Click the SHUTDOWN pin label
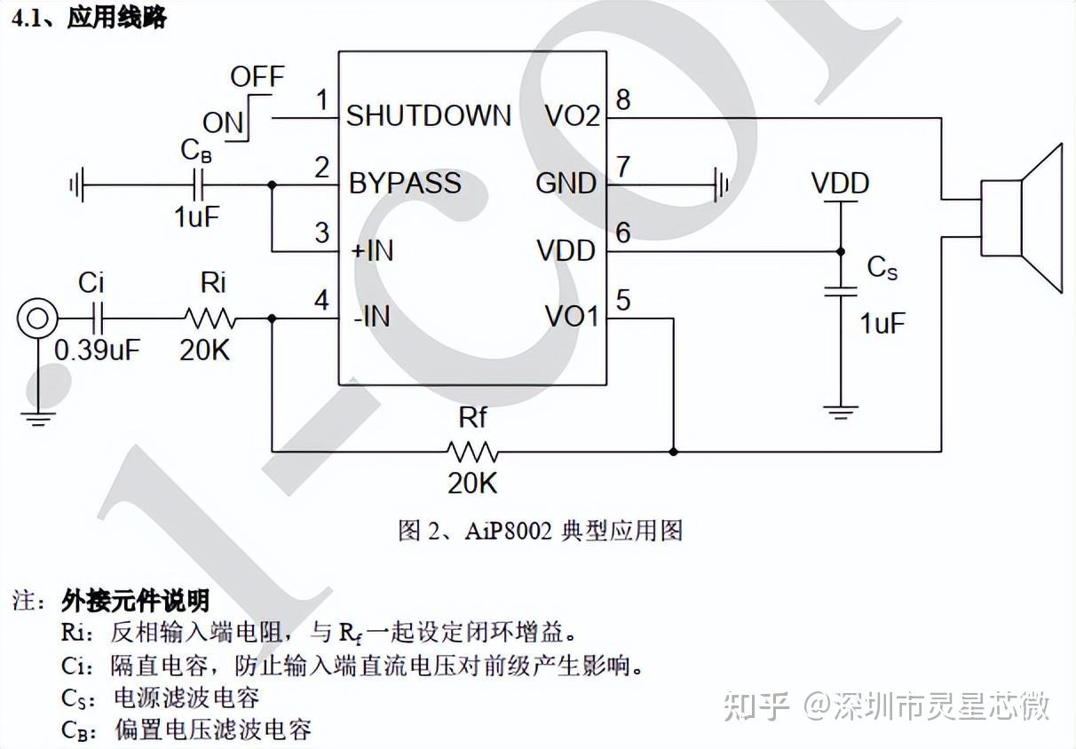click(428, 115)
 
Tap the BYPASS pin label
click(405, 184)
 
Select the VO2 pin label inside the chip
click(572, 115)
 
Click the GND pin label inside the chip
click(566, 184)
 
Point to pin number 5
click(623, 301)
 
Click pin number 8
click(623, 99)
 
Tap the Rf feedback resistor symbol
click(473, 452)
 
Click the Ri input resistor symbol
click(210, 318)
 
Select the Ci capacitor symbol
click(99, 318)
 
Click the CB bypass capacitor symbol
click(199, 185)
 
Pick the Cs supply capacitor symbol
click(840, 290)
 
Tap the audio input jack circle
click(37, 317)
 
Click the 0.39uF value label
click(97, 350)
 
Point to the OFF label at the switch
click(257, 77)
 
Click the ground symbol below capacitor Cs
click(840, 412)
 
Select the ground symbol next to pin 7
click(721, 185)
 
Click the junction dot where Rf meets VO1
click(673, 452)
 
